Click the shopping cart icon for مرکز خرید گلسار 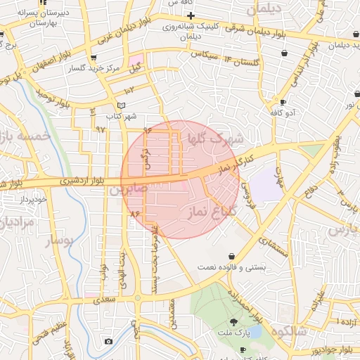pos(94,58)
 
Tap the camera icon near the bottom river pos(108,342)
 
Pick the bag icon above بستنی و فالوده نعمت pos(232,256)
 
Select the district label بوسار pos(60,241)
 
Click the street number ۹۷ pos(101,129)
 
